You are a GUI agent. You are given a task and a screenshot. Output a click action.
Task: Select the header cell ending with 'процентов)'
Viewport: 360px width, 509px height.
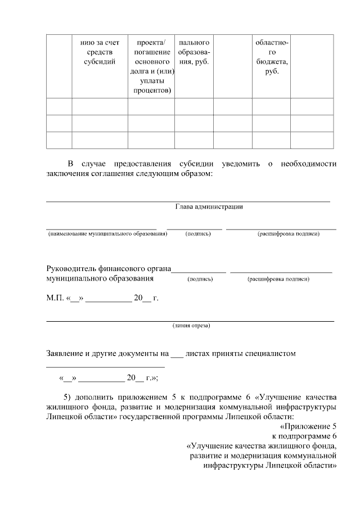coord(151,66)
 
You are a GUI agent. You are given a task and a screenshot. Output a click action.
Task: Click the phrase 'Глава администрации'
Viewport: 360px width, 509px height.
coord(209,206)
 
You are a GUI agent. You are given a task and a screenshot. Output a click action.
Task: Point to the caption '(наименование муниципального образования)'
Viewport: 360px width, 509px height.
coord(107,233)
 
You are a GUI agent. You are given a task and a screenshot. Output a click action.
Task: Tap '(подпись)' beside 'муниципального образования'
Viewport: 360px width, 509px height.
coord(200,278)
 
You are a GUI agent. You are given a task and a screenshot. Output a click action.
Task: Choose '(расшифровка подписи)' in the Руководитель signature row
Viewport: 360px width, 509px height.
coord(278,278)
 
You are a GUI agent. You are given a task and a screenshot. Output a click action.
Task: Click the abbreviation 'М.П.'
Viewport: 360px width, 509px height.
coord(54,298)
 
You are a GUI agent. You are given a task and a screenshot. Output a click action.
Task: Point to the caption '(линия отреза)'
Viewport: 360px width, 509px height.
coord(191,326)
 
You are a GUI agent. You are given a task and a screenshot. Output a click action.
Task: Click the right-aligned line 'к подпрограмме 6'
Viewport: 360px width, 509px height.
coord(304,436)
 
